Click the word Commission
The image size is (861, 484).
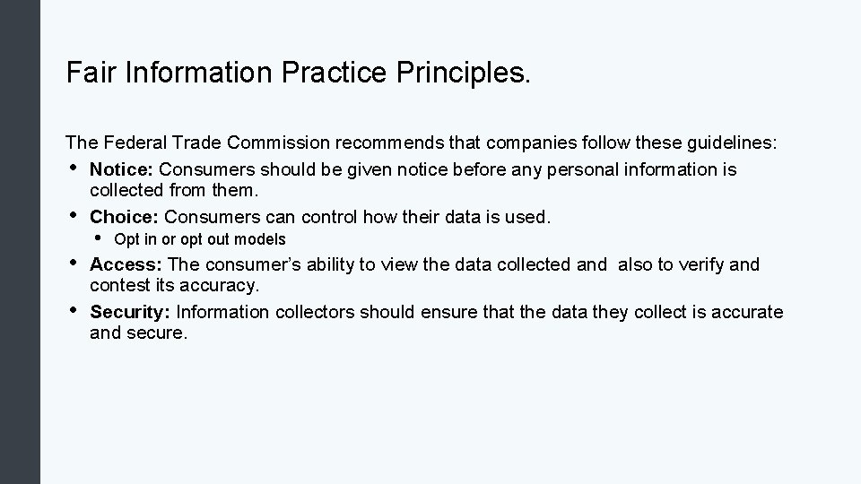tap(278, 143)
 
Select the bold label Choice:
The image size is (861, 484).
tap(125, 217)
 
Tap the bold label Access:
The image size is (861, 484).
tap(126, 264)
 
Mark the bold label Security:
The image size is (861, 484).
tap(131, 312)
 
